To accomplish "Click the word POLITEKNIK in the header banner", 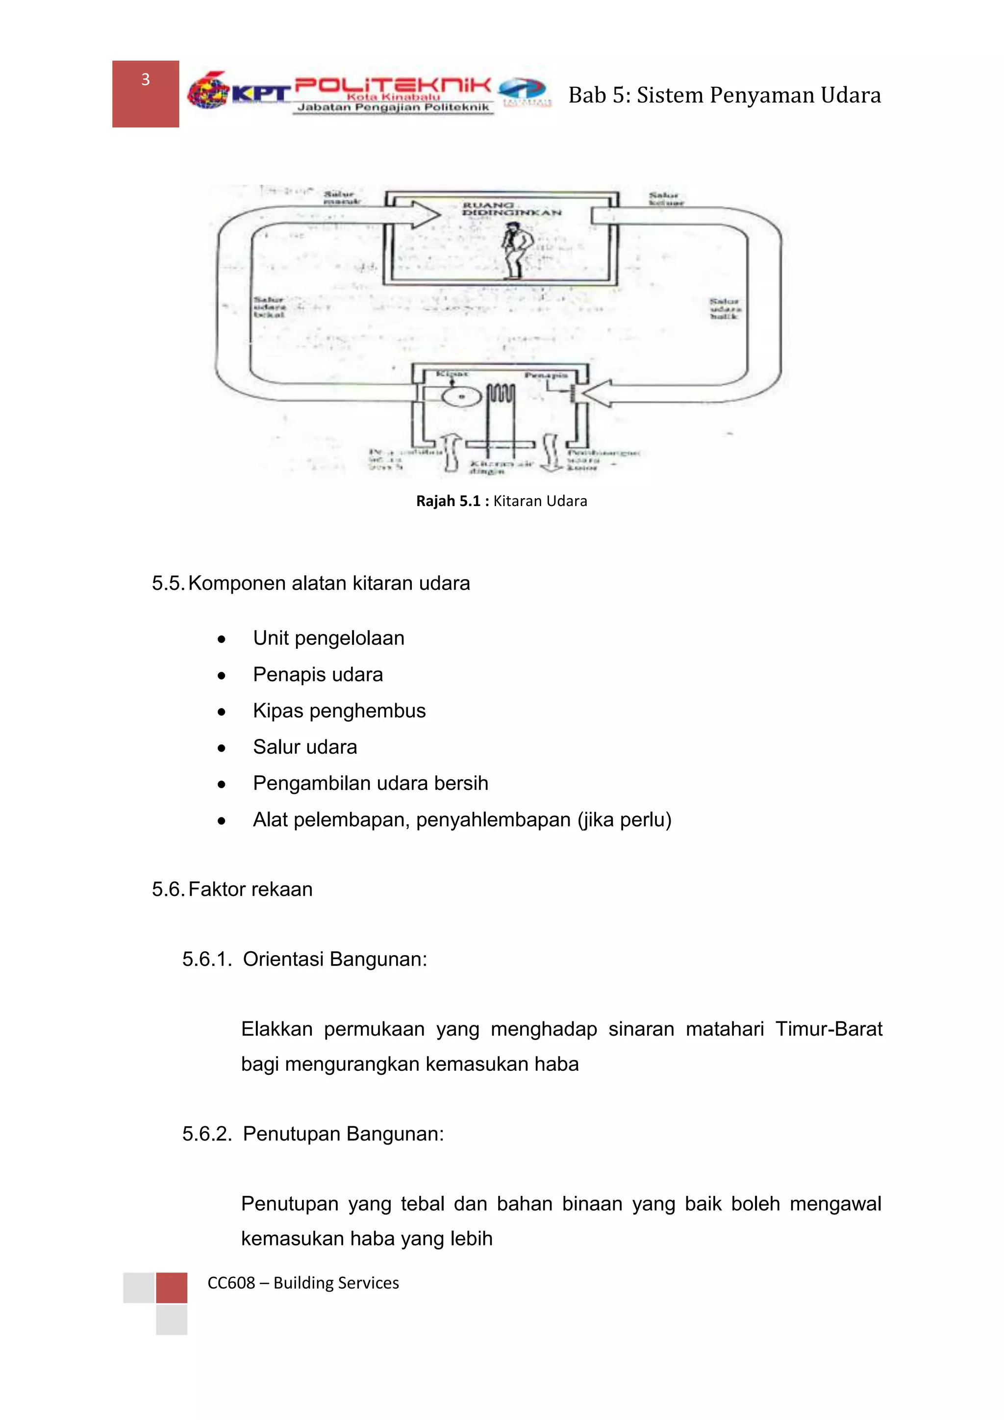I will (x=393, y=85).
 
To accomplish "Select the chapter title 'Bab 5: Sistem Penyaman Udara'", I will (x=724, y=95).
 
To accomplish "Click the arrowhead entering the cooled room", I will (x=427, y=215).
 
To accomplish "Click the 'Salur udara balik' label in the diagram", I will (x=725, y=308).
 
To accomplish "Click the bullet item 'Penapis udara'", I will (x=318, y=674).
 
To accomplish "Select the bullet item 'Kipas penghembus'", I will (x=339, y=710).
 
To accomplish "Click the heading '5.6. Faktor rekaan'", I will (x=232, y=889).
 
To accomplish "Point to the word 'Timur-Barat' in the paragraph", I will (x=828, y=1029).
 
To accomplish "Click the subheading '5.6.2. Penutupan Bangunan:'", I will (x=313, y=1134).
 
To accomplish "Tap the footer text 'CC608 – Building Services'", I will (x=303, y=1283).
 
